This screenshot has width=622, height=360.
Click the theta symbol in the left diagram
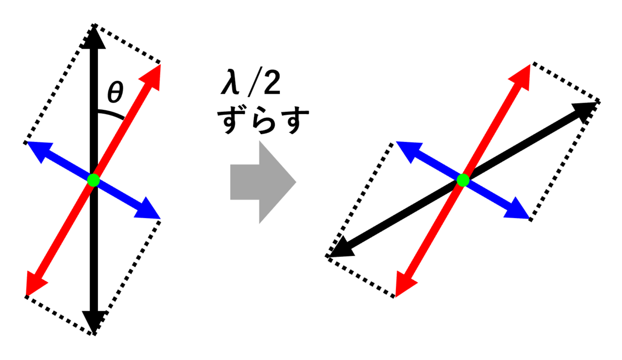click(115, 93)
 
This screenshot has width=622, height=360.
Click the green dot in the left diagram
click(93, 180)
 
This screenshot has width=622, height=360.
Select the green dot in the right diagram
click(463, 180)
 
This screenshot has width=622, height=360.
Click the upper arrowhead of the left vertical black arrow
click(93, 37)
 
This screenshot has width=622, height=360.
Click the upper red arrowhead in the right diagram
click(523, 75)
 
